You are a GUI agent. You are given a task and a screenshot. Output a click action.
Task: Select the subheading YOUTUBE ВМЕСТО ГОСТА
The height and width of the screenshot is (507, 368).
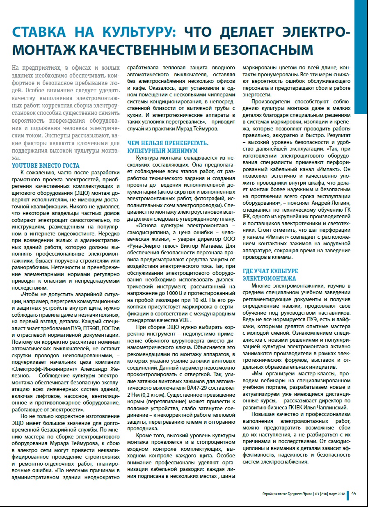pyautogui.click(x=46, y=166)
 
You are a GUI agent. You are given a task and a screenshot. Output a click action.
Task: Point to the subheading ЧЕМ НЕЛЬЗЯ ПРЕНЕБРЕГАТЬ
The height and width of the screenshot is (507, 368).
pyautogui.click(x=168, y=143)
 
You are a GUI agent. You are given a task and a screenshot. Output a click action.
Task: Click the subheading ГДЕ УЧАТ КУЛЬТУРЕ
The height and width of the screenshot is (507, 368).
pyautogui.click(x=270, y=271)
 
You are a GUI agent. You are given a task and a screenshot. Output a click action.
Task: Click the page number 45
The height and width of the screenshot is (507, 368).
pyautogui.click(x=354, y=493)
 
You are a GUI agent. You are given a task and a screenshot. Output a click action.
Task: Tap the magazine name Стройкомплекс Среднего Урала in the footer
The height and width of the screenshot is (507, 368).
pyautogui.click(x=287, y=494)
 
